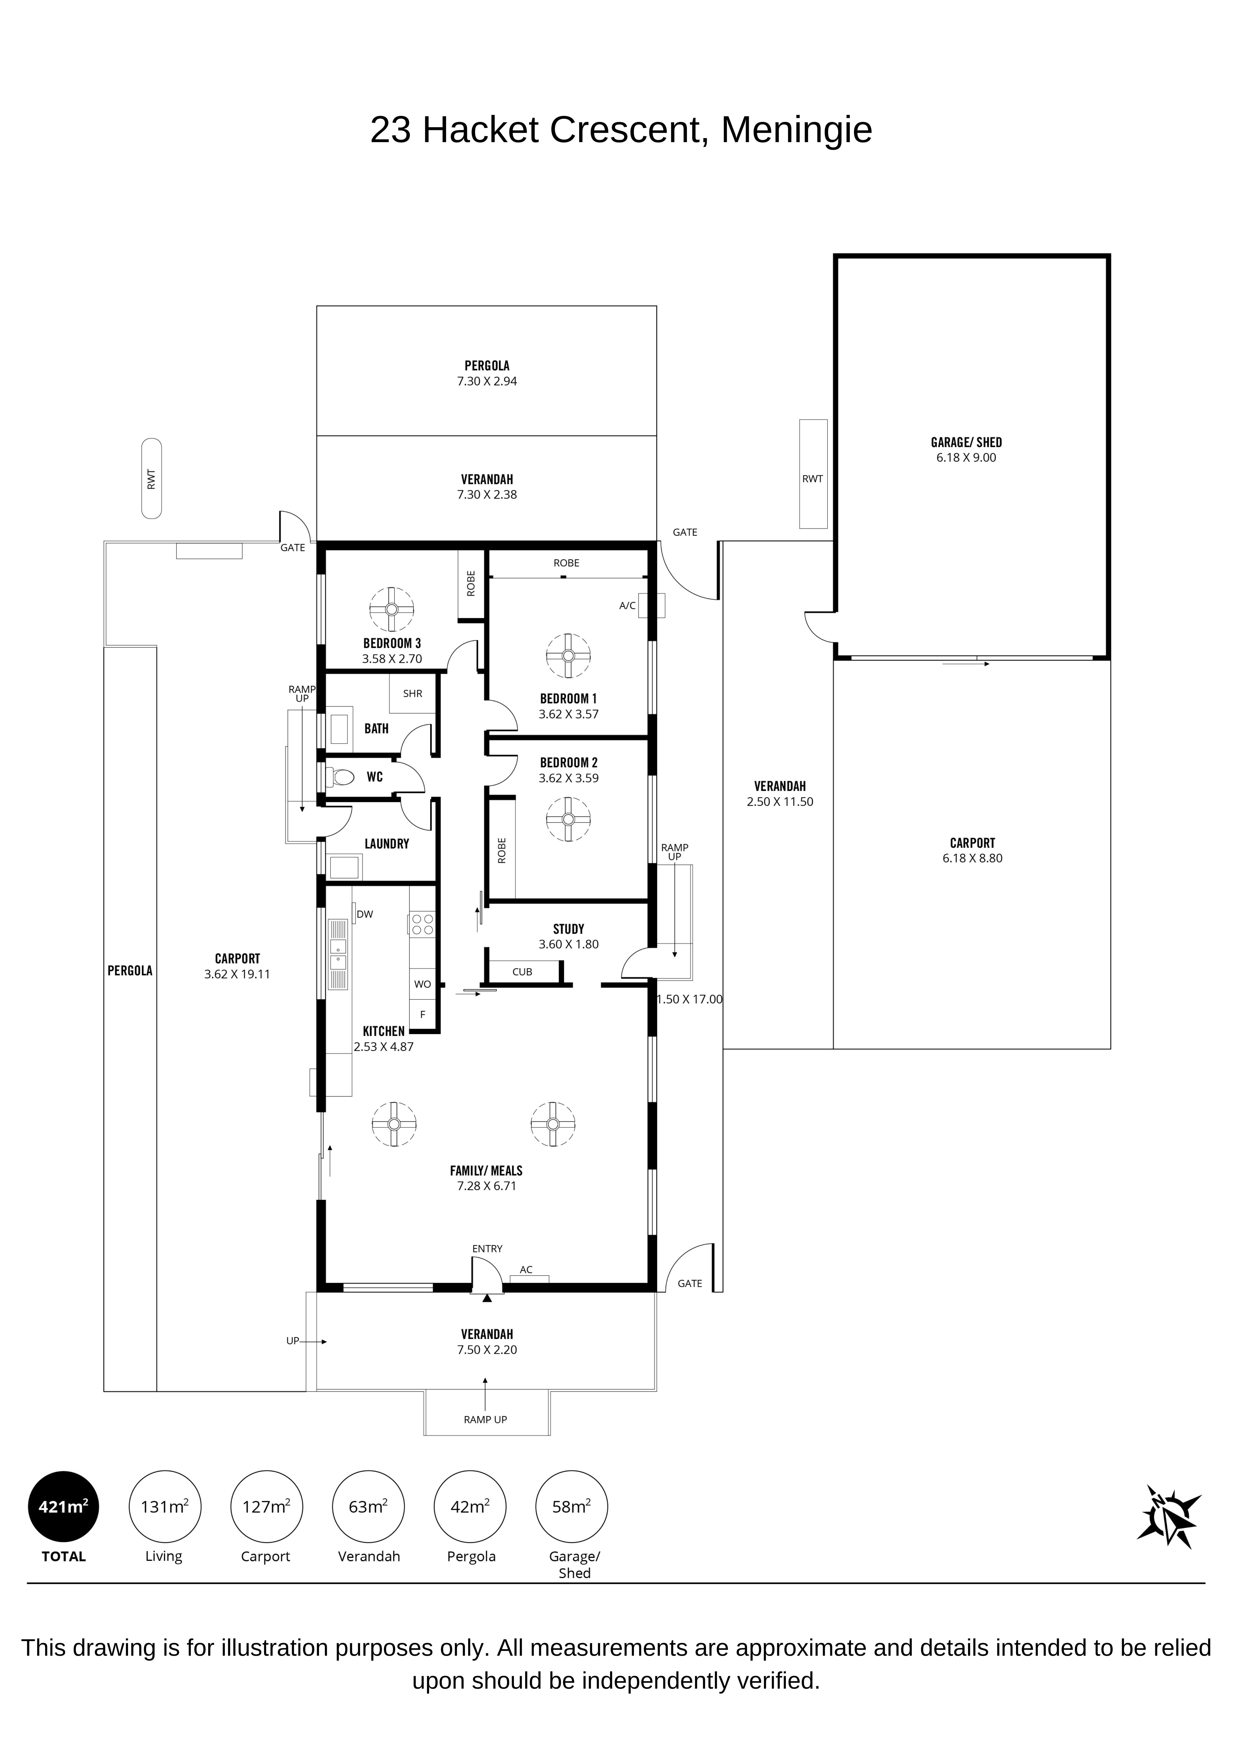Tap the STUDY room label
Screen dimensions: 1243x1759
pos(568,929)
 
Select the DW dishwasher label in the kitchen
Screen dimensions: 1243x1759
pos(365,914)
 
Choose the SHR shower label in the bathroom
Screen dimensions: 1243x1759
pos(413,693)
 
